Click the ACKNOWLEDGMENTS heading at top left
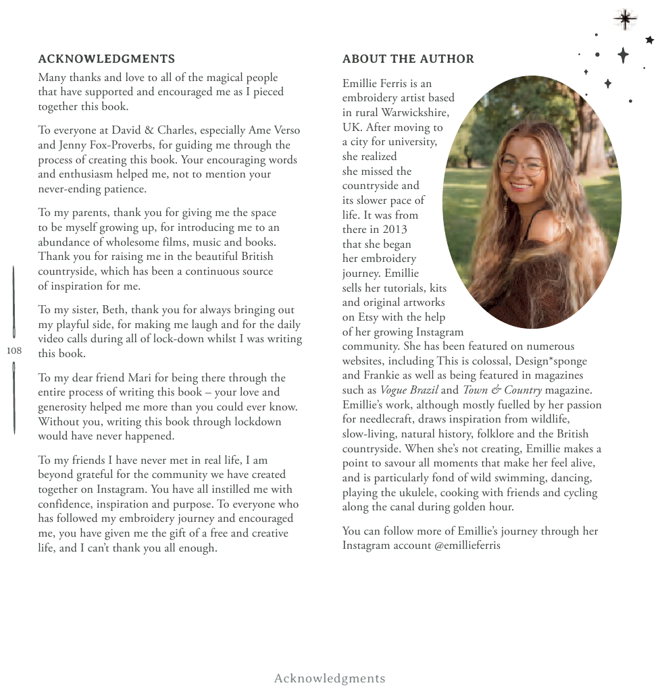pos(106,59)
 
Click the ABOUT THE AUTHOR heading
pos(408,59)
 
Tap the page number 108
pos(14,350)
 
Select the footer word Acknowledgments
pos(330,678)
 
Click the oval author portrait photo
pos(532,203)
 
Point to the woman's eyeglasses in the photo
pos(521,165)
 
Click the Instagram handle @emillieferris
pos(467,545)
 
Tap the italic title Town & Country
pos(502,390)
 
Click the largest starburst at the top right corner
pos(625,20)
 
